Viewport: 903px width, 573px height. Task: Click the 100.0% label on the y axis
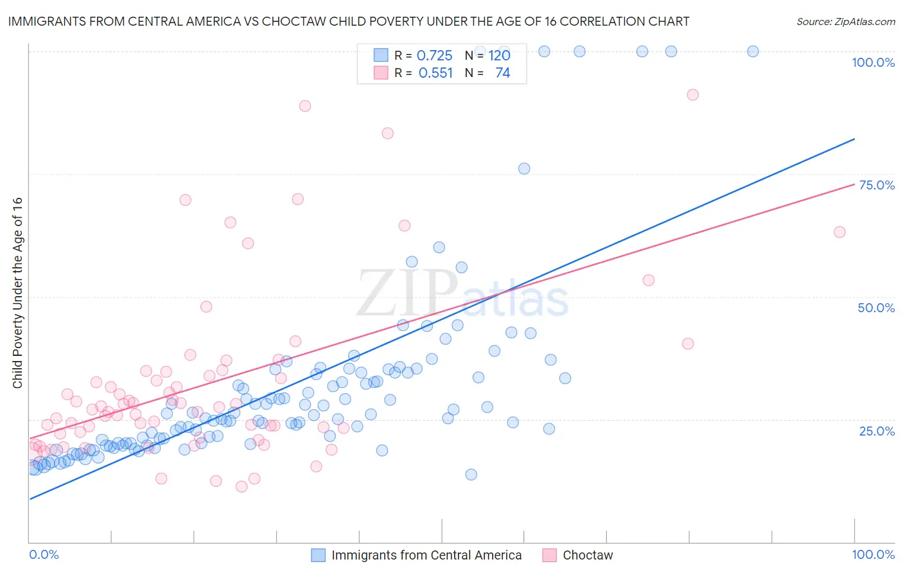click(873, 62)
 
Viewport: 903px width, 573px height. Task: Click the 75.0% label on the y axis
click(877, 185)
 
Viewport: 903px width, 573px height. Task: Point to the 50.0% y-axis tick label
click(876, 308)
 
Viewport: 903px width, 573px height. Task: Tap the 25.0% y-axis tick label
click(877, 430)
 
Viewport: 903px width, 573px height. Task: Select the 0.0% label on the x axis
click(44, 554)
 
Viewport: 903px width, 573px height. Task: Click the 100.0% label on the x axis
click(873, 554)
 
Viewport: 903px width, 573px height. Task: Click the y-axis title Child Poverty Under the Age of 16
click(17, 292)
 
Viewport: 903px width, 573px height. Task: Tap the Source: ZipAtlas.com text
click(845, 22)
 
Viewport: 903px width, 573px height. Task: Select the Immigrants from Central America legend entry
click(426, 555)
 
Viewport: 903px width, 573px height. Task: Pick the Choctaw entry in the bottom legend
click(588, 555)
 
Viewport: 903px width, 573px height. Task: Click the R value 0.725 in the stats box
click(435, 55)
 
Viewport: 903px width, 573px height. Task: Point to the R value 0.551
click(435, 73)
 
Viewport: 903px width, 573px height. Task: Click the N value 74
click(502, 73)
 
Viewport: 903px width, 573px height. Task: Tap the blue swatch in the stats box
click(381, 55)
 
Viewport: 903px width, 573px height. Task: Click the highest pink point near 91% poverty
click(692, 94)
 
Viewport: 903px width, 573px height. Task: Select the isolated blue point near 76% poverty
click(524, 168)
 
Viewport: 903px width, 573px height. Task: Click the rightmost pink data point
click(839, 232)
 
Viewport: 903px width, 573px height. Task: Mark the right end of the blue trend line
click(855, 139)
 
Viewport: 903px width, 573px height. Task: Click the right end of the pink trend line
click(855, 184)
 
